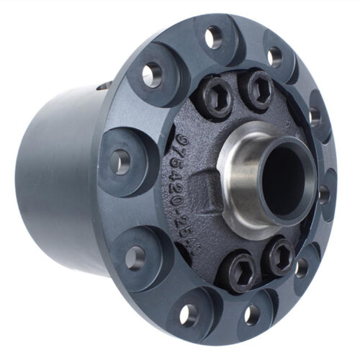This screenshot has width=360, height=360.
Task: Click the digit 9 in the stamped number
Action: click(x=181, y=135)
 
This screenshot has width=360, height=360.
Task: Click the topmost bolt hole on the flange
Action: click(x=214, y=37)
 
